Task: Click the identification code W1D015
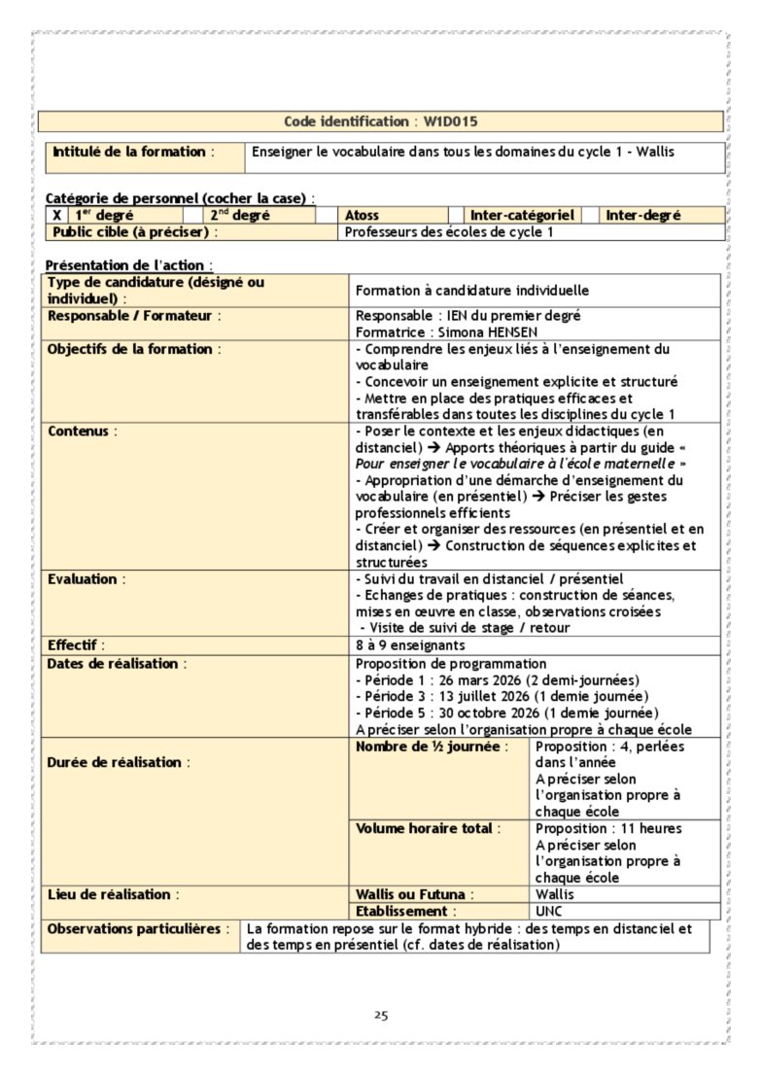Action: (x=450, y=121)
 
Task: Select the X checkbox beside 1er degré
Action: (x=57, y=216)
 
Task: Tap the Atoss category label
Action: (x=363, y=216)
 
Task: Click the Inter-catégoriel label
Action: (x=522, y=216)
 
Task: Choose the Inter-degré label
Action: (x=643, y=216)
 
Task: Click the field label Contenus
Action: (x=79, y=430)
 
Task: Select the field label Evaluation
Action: (x=85, y=579)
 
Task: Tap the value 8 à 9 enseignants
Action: (x=410, y=645)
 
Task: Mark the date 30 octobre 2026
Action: (x=480, y=712)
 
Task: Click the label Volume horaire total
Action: (x=425, y=829)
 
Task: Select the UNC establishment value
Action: (x=548, y=912)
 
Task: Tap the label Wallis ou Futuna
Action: (x=413, y=894)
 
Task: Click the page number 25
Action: (x=381, y=1016)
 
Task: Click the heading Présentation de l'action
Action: (x=126, y=264)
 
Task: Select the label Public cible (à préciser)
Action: (x=132, y=232)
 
